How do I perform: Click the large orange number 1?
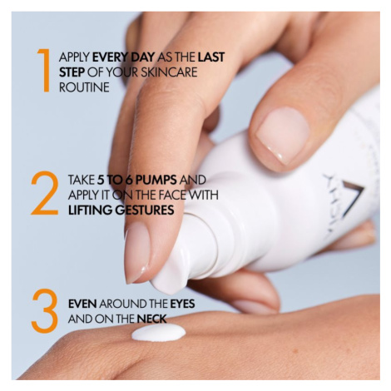tap(44, 70)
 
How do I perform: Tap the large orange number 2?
tap(45, 193)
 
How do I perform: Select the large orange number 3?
tap(45, 311)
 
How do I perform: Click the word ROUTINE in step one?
tap(84, 87)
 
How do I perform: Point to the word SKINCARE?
tap(169, 72)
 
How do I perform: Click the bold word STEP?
tap(72, 72)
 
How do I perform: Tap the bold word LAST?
tap(211, 57)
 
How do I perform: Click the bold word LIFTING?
tap(90, 210)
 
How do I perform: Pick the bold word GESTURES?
tap(145, 210)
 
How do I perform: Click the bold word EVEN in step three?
tap(82, 304)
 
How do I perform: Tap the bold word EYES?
tap(182, 304)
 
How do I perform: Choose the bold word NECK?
tap(151, 319)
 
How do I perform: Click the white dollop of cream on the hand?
tap(158, 333)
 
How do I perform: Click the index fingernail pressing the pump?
tap(136, 251)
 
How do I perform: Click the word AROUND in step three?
tap(121, 304)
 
